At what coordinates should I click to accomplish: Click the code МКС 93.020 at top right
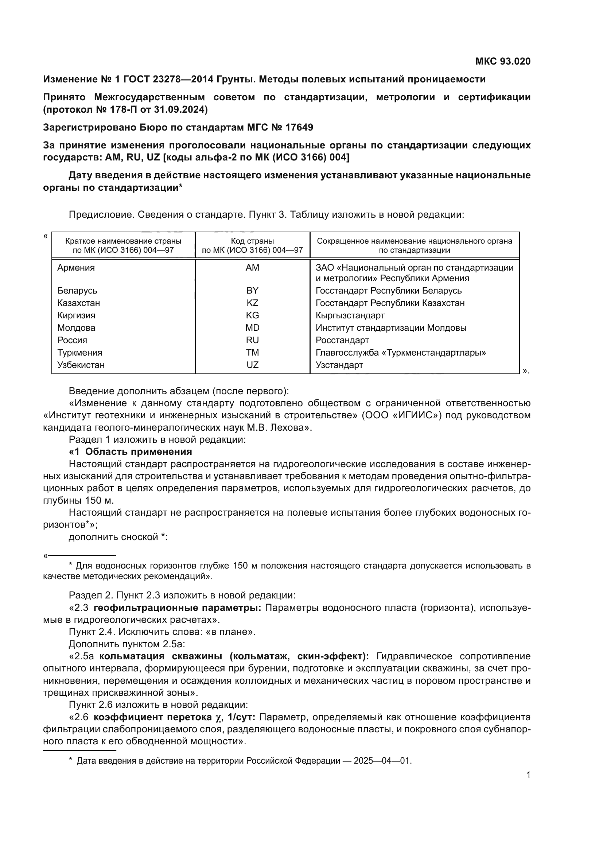(503, 62)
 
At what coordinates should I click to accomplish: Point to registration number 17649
(299, 127)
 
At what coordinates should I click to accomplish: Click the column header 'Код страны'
(252, 241)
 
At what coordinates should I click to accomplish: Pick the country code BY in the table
(252, 291)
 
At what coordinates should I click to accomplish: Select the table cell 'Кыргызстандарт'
(350, 315)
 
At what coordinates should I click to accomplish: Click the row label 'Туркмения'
(79, 353)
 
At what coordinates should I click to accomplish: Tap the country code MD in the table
(252, 328)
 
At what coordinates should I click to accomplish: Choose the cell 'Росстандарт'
(342, 340)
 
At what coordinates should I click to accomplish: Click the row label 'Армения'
(76, 268)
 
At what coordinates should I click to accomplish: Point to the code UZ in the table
(252, 365)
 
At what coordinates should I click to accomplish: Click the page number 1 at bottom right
(528, 775)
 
